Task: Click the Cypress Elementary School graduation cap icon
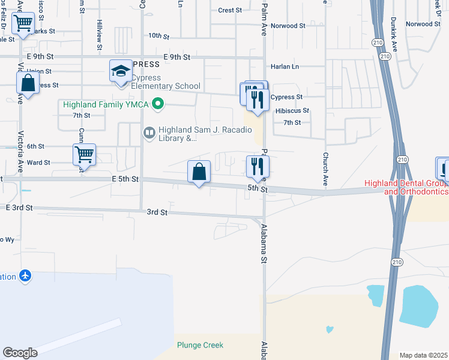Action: tap(121, 71)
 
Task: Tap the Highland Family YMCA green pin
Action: tap(158, 105)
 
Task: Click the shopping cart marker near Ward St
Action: tap(85, 155)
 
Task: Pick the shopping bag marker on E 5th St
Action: tap(199, 172)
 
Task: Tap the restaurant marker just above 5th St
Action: tap(258, 166)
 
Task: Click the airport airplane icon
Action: tap(25, 276)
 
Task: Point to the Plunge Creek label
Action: tap(200, 345)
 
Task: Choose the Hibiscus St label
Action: tap(292, 111)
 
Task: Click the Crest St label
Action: tap(230, 10)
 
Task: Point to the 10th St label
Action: tap(159, 36)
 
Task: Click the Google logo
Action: tap(20, 353)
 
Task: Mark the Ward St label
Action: tap(38, 163)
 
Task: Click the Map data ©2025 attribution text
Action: tap(423, 355)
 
